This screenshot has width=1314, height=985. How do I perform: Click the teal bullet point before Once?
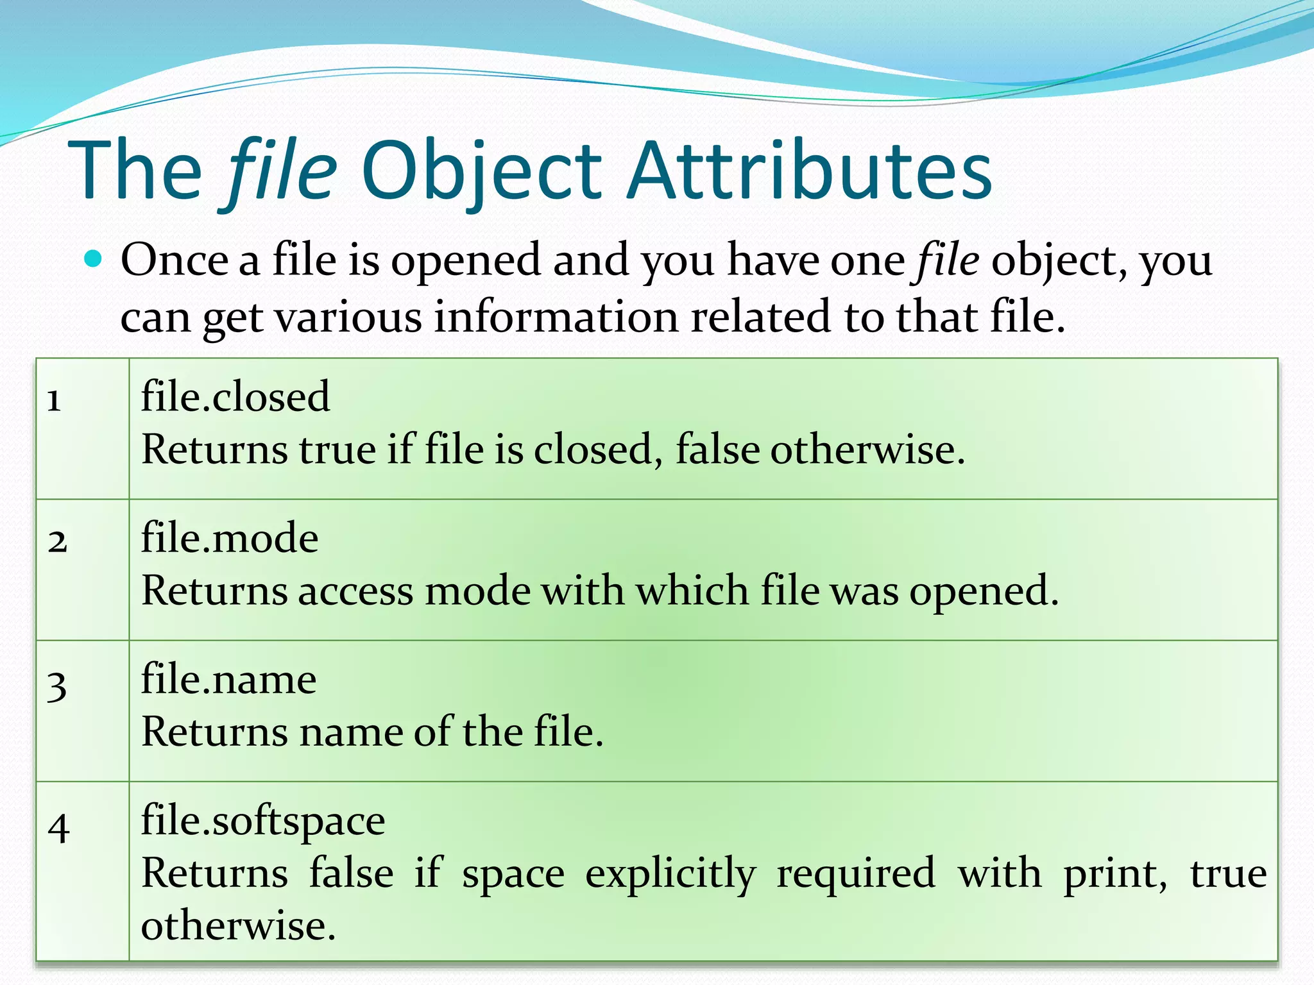click(94, 258)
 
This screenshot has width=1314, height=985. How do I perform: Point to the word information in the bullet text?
click(556, 316)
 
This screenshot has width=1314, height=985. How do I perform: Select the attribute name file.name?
click(228, 678)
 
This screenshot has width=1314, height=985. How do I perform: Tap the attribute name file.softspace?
click(263, 820)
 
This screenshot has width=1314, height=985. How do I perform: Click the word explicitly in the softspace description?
click(670, 874)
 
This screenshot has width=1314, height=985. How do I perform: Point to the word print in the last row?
click(1115, 874)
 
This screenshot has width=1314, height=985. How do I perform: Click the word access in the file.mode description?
click(355, 591)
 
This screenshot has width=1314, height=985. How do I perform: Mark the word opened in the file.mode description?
click(984, 591)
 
